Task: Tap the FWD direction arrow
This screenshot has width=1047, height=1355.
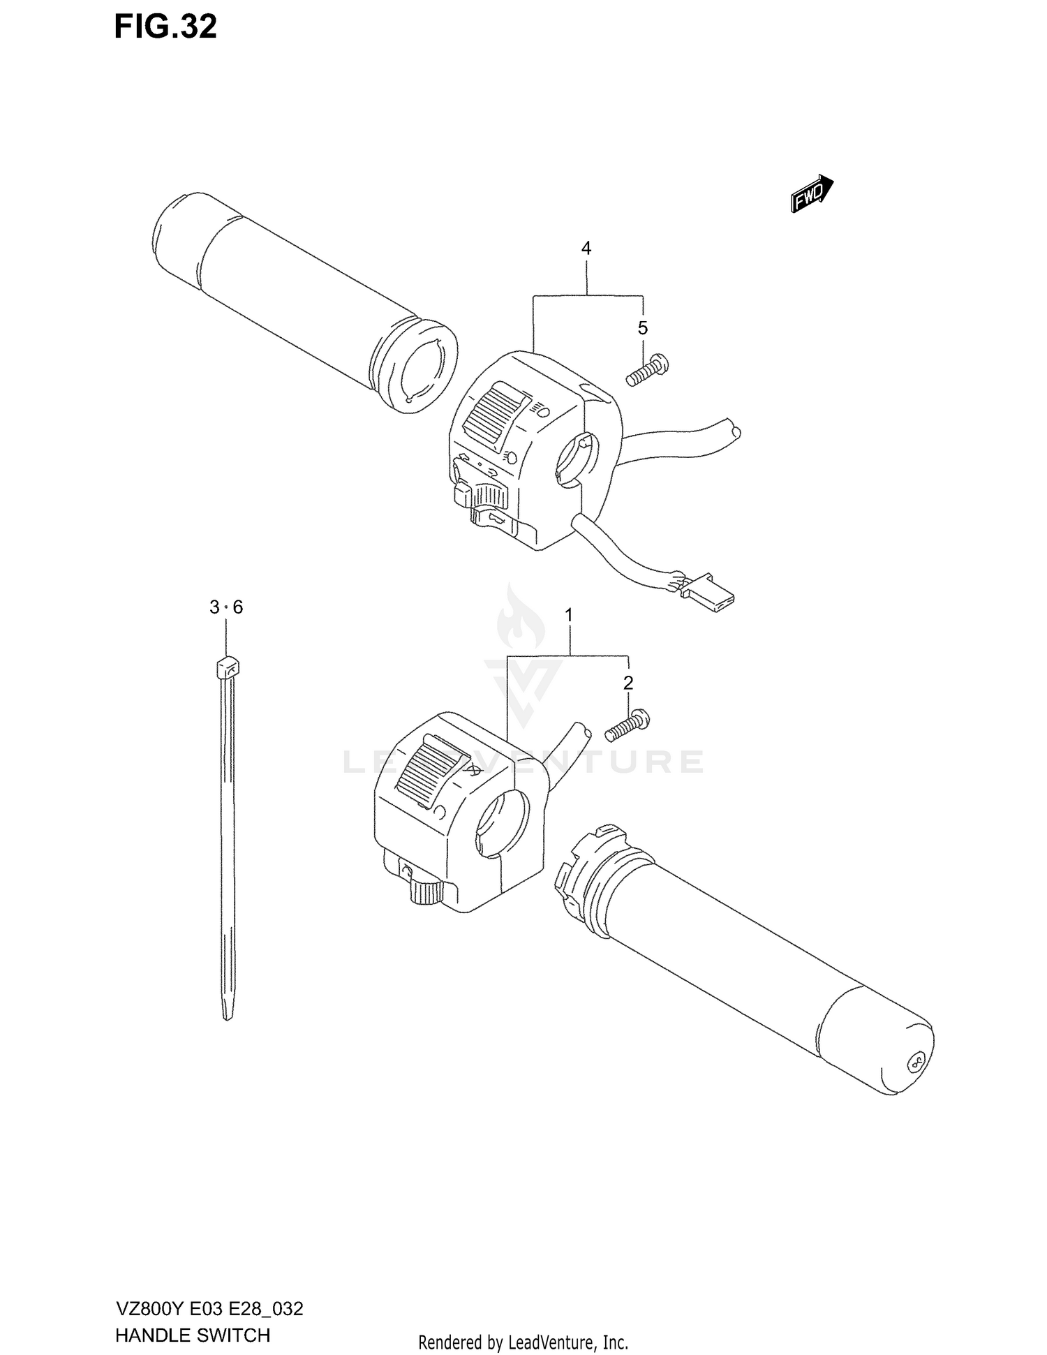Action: (812, 193)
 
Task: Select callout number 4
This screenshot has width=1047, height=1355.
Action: (586, 248)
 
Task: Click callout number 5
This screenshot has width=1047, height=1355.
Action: (643, 327)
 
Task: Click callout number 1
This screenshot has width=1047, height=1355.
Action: (569, 615)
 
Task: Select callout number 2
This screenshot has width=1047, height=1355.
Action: (628, 683)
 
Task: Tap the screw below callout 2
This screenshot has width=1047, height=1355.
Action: (627, 726)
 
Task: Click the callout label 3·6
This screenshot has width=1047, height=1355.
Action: (226, 607)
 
